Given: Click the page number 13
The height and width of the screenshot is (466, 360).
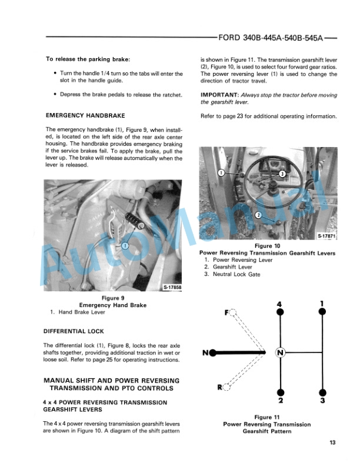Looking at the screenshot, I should tap(332, 443).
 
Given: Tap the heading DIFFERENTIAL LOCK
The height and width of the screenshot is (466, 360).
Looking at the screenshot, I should tap(74, 331).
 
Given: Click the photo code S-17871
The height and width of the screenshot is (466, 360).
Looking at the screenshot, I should tap(326, 236).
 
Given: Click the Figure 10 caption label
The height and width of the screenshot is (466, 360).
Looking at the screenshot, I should tap(268, 246).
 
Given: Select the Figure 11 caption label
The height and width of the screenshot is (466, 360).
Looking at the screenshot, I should tap(268, 417).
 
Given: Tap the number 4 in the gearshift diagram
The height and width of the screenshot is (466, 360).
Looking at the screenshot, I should tap(280, 304).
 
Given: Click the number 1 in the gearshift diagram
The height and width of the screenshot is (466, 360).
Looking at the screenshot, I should tap(322, 304).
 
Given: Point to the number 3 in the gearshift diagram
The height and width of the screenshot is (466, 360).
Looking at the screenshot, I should tap(322, 401).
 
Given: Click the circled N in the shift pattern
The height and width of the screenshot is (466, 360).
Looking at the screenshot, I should tap(280, 352).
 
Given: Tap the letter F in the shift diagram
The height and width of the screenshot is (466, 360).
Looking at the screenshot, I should tap(227, 312).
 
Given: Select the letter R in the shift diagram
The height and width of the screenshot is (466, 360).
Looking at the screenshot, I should tap(219, 387).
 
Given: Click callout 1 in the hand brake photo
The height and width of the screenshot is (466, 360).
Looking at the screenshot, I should tap(125, 245).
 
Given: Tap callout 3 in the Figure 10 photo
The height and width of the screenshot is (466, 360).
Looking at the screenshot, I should tap(282, 174).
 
